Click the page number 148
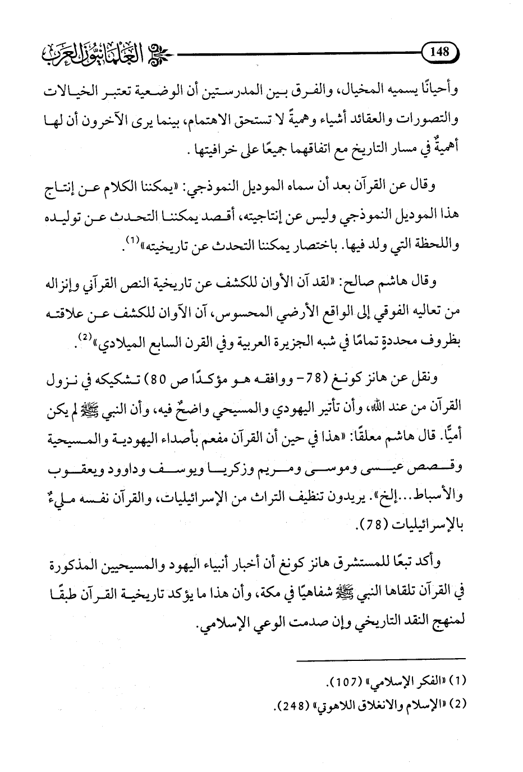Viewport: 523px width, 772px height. (439, 52)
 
